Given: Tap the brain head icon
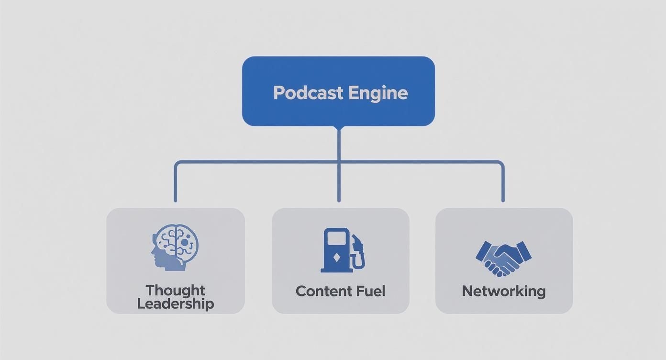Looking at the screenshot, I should click(x=175, y=248).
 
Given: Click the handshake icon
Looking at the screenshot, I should click(x=503, y=258).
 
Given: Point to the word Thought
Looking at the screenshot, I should click(x=175, y=290).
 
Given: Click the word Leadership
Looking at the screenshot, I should click(x=175, y=304).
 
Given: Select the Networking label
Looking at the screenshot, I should click(x=503, y=291).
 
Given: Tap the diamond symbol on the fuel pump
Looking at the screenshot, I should click(x=337, y=257).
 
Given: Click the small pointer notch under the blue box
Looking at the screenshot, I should click(x=339, y=128).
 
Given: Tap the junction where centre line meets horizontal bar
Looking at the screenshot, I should click(x=339, y=163).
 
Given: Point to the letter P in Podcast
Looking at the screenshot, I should click(x=277, y=93).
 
